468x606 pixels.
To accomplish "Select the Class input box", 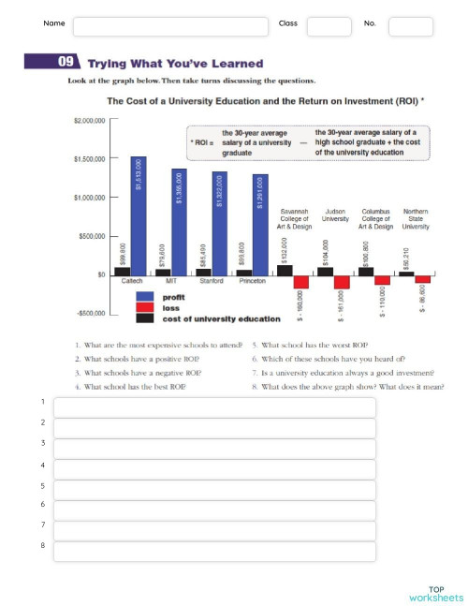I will coord(329,26).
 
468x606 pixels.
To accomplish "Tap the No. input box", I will coord(410,26).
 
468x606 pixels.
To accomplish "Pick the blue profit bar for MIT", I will coord(179,221).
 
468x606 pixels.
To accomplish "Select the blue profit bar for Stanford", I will coord(219,223).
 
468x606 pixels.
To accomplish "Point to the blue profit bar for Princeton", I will coord(260,224).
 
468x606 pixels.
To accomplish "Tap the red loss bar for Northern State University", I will coord(423,278).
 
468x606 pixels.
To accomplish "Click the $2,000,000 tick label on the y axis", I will coord(90,121).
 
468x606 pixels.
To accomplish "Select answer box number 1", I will coord(214,407).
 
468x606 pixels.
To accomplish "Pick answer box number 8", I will coord(214,552).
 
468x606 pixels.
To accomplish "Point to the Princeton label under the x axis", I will coord(253,280).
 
